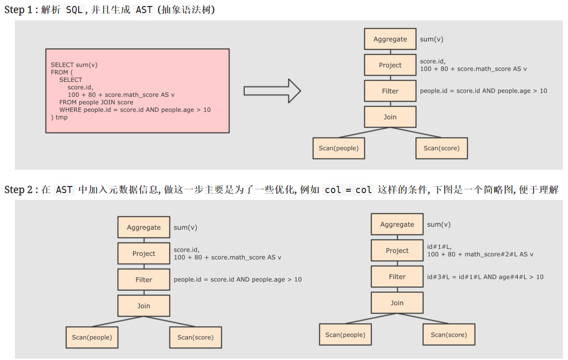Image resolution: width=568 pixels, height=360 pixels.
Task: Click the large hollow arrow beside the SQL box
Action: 273,91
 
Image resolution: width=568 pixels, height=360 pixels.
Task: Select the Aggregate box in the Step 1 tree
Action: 390,39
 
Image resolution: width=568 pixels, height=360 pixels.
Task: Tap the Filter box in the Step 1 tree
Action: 390,91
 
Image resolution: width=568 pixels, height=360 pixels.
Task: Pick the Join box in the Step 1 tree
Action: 390,117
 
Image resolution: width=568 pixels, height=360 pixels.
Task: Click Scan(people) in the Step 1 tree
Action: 339,148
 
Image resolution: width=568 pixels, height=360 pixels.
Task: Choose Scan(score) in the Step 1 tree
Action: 441,148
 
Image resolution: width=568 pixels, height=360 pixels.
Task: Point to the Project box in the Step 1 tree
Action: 390,65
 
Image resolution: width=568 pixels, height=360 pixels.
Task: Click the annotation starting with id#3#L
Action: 485,277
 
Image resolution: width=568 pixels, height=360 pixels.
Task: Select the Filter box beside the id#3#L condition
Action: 397,277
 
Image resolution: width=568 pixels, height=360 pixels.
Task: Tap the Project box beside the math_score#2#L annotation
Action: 397,251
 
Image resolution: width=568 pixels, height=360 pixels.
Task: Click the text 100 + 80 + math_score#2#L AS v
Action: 480,254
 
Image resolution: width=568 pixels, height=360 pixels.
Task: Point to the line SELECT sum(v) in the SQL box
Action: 74,65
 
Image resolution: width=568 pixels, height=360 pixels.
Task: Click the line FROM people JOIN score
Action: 96,102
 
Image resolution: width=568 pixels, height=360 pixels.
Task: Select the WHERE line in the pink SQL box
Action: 135,110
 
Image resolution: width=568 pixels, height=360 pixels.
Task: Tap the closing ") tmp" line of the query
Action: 59,117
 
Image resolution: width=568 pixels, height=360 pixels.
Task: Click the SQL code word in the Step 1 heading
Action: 74,10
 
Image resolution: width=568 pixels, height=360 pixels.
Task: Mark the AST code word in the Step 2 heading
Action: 64,190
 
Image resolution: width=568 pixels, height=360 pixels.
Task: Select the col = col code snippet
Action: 348,190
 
